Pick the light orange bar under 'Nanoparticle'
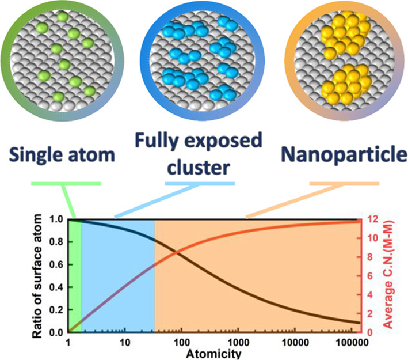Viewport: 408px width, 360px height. (x=344, y=184)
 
